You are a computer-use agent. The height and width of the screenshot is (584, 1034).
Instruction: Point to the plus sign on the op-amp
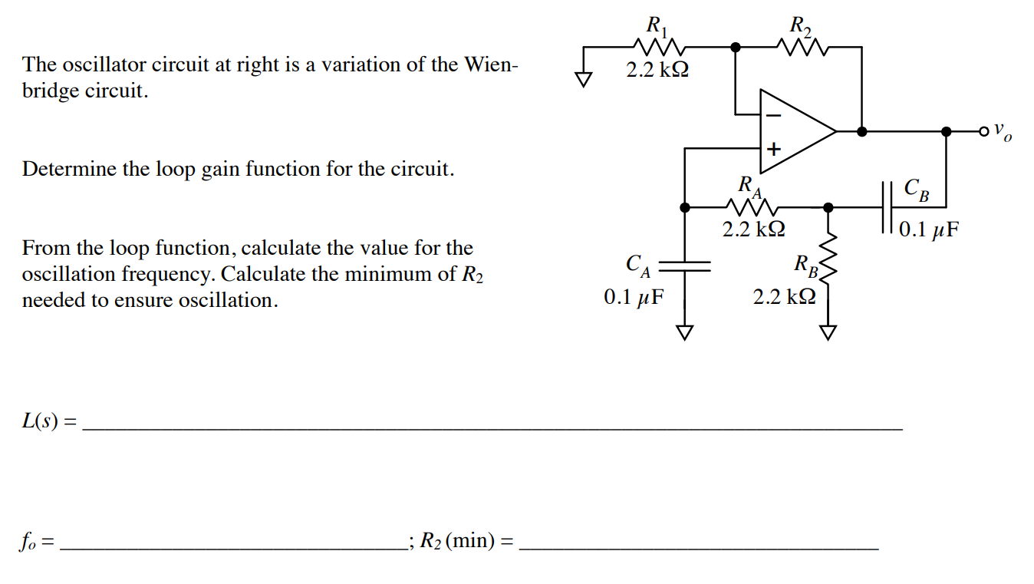pyautogui.click(x=773, y=149)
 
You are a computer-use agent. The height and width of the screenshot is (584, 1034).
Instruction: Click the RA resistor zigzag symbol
pyautogui.click(x=752, y=206)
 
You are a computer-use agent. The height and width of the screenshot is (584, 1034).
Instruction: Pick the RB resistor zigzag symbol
pyautogui.click(x=827, y=257)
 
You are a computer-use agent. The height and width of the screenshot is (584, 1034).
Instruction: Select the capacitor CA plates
pyautogui.click(x=684, y=266)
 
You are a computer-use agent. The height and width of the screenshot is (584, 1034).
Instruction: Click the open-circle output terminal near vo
pyautogui.click(x=984, y=132)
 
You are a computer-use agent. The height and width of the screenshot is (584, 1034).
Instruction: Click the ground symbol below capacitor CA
pyautogui.click(x=684, y=332)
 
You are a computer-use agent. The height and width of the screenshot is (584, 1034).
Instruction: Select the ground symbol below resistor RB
pyautogui.click(x=827, y=332)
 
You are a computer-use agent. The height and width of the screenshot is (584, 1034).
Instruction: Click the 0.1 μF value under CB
pyautogui.click(x=928, y=229)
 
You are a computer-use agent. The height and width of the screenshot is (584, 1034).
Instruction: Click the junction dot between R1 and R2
pyautogui.click(x=736, y=47)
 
